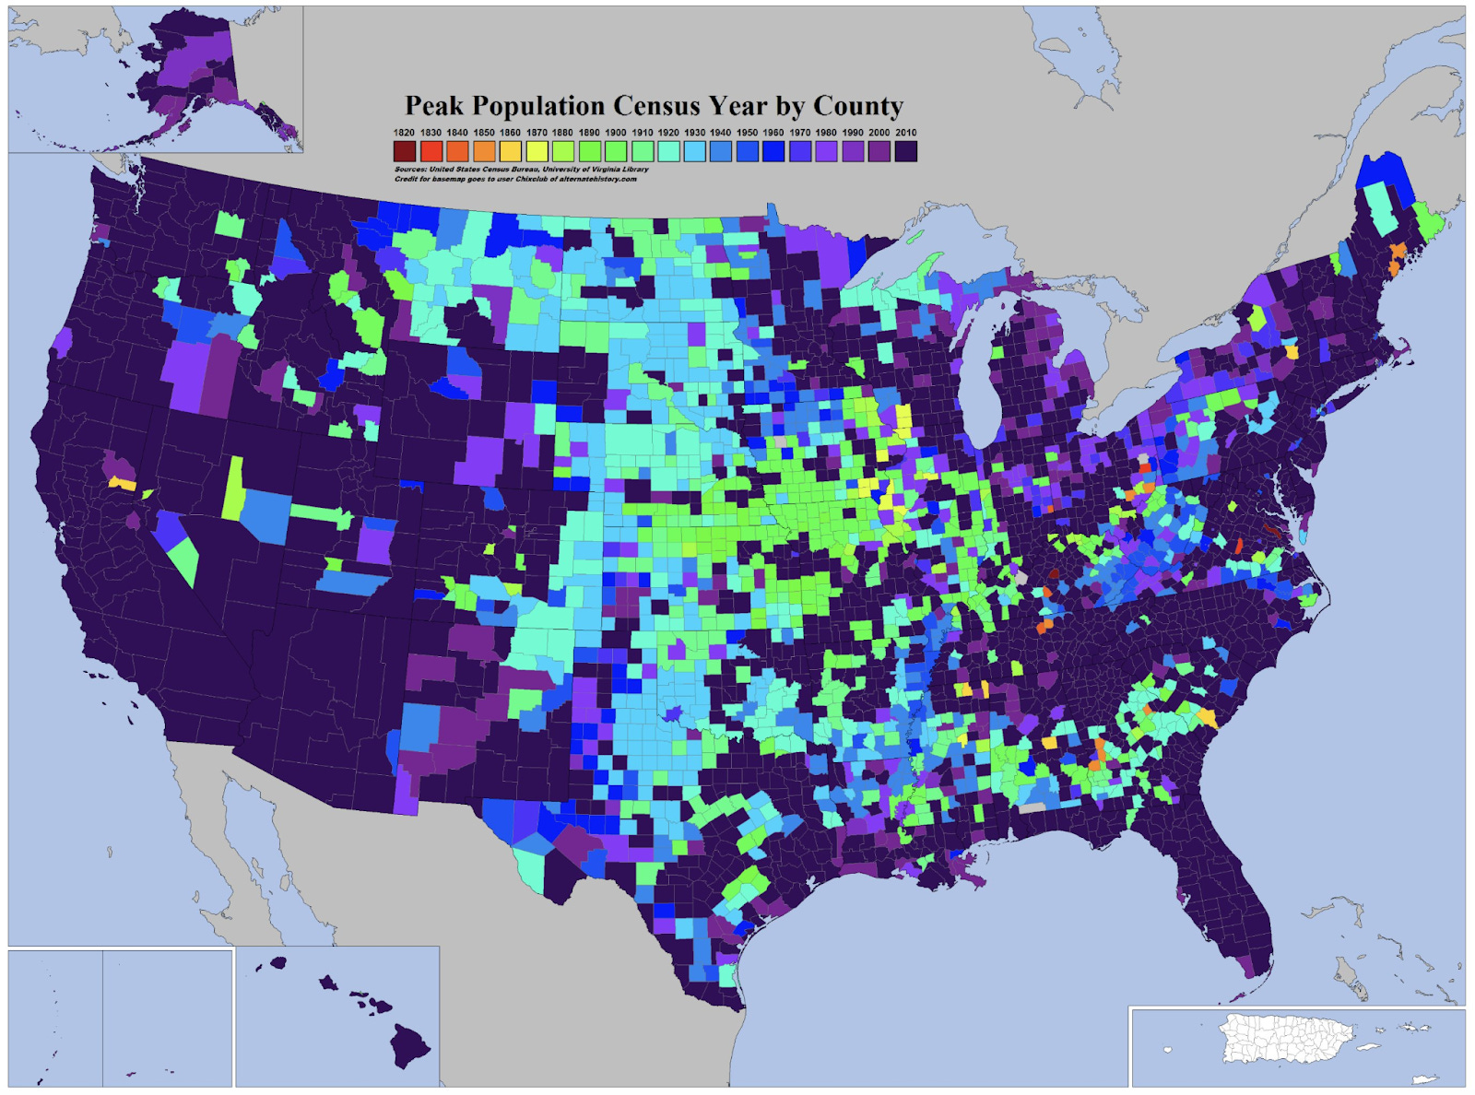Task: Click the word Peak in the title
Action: tap(436, 107)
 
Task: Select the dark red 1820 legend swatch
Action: tap(405, 151)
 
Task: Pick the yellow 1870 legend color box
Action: tap(537, 151)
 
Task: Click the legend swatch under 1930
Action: tap(694, 151)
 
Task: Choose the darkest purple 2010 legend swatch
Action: tap(905, 151)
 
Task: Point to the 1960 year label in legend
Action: tap(773, 133)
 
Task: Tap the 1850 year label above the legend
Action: tap(484, 133)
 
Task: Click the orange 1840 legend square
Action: tap(457, 151)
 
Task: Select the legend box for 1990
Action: tap(853, 151)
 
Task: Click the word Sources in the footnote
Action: tap(409, 170)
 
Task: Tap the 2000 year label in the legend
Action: tap(879, 133)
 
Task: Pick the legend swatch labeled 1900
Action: tap(616, 151)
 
